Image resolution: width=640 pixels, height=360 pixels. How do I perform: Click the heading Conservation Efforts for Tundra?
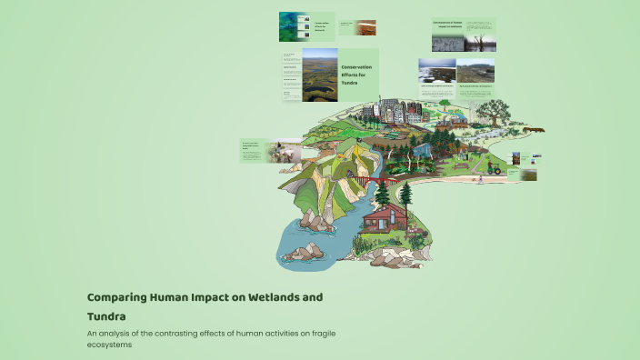click(356, 75)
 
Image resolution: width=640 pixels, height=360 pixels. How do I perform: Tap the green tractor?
click(495, 167)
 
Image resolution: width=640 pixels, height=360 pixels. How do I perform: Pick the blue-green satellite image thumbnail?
click(292, 25)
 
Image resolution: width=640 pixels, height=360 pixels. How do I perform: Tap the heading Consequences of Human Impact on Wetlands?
click(448, 24)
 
